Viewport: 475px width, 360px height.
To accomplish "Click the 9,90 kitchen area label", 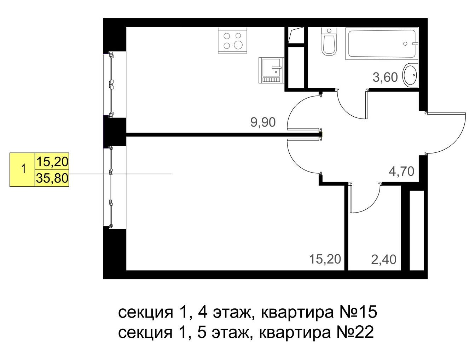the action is tap(263, 122).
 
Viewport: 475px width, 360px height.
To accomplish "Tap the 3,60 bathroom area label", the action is tap(385, 77).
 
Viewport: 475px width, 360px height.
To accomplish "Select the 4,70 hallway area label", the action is tap(401, 172).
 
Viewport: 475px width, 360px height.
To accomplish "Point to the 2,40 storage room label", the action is tap(384, 260).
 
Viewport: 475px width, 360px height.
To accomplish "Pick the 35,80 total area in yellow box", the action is tap(52, 179).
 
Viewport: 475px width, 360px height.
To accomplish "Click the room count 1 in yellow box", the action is tap(24, 169).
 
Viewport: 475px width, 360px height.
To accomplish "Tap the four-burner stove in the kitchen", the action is tap(232, 40).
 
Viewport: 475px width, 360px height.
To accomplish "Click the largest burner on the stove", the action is tap(238, 45).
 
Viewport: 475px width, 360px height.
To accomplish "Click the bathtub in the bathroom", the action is tap(382, 43).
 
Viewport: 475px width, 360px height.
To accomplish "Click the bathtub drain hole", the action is tap(405, 44).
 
